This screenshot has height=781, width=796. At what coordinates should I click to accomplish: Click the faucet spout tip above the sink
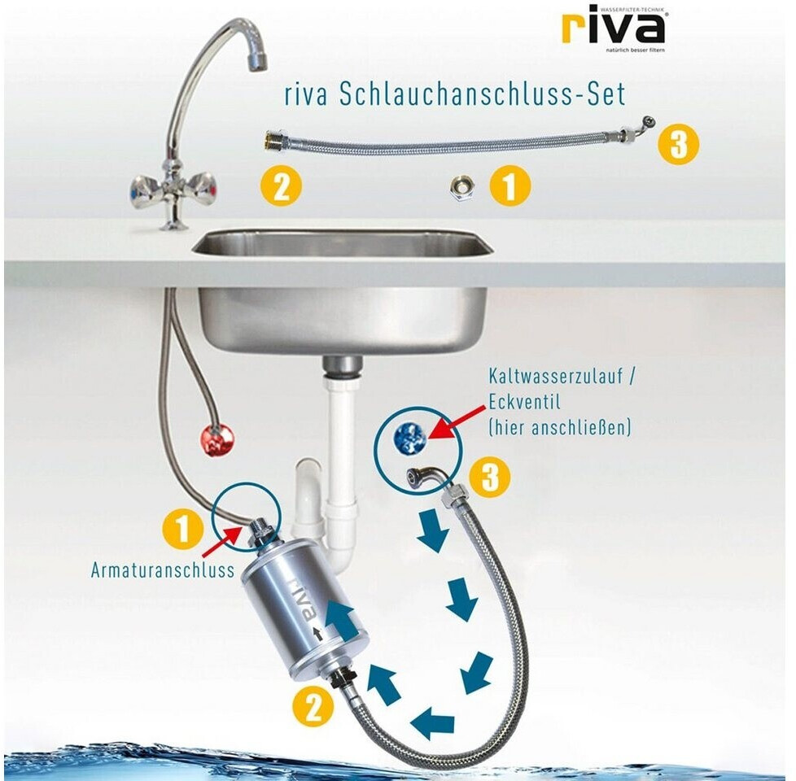(257, 61)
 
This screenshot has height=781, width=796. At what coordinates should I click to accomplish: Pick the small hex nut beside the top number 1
(462, 188)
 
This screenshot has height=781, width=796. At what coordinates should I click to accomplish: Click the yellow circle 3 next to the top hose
(678, 145)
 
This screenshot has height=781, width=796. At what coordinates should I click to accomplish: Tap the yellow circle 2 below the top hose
(282, 187)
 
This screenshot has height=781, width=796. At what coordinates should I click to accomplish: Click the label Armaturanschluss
(163, 570)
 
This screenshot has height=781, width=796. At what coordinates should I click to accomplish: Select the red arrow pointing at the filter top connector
(221, 543)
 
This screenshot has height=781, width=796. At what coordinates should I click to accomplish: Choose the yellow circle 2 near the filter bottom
(313, 708)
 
